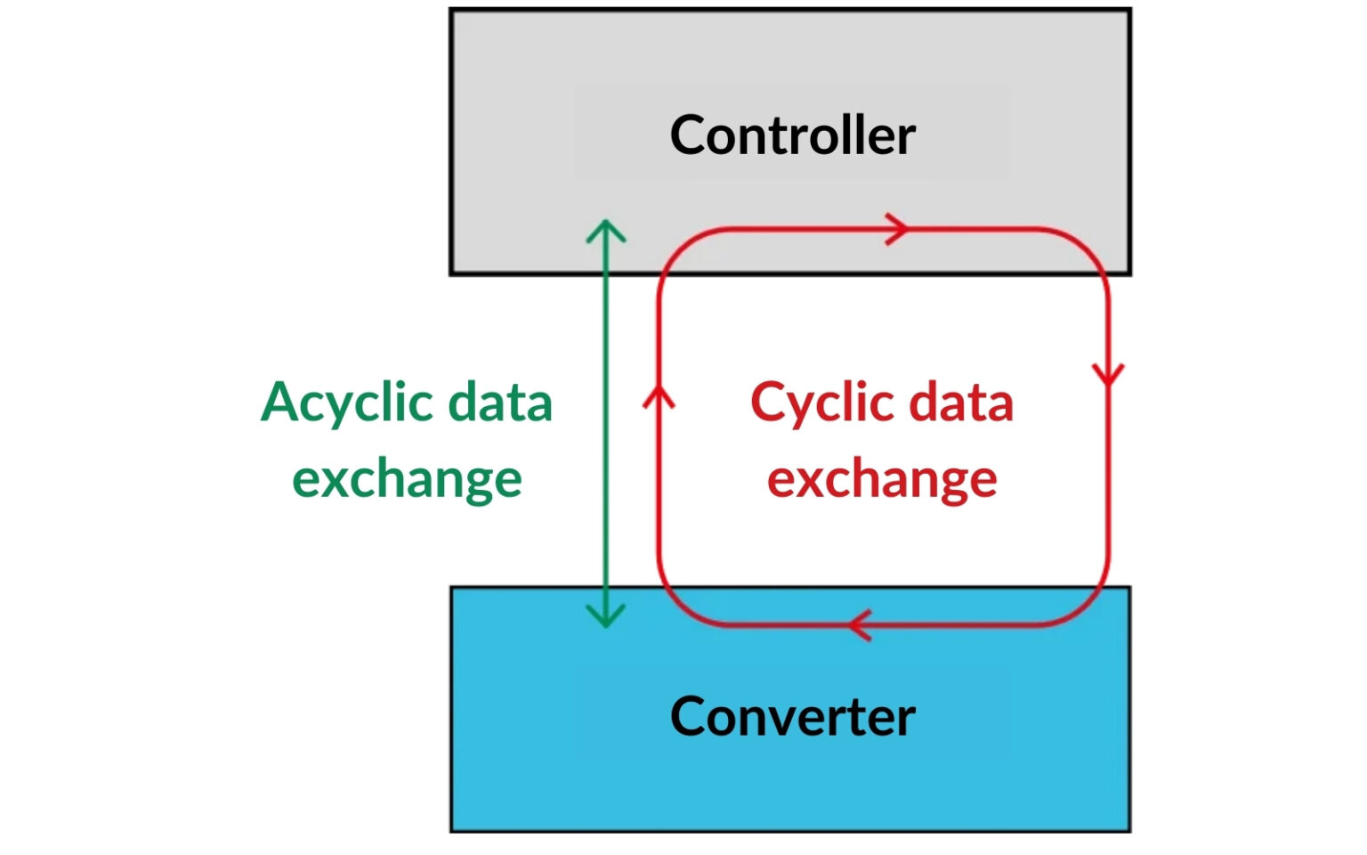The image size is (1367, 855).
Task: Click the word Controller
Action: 792,135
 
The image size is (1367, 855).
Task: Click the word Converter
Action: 792,716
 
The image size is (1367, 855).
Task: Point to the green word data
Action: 499,403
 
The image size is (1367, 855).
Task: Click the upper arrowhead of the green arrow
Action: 606,230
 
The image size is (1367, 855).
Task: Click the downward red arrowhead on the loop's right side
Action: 1108,374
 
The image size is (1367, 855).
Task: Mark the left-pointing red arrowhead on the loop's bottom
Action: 860,625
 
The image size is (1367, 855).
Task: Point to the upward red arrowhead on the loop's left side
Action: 659,397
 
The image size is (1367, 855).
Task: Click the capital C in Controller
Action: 688,135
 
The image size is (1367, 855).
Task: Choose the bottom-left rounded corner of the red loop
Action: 676,607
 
